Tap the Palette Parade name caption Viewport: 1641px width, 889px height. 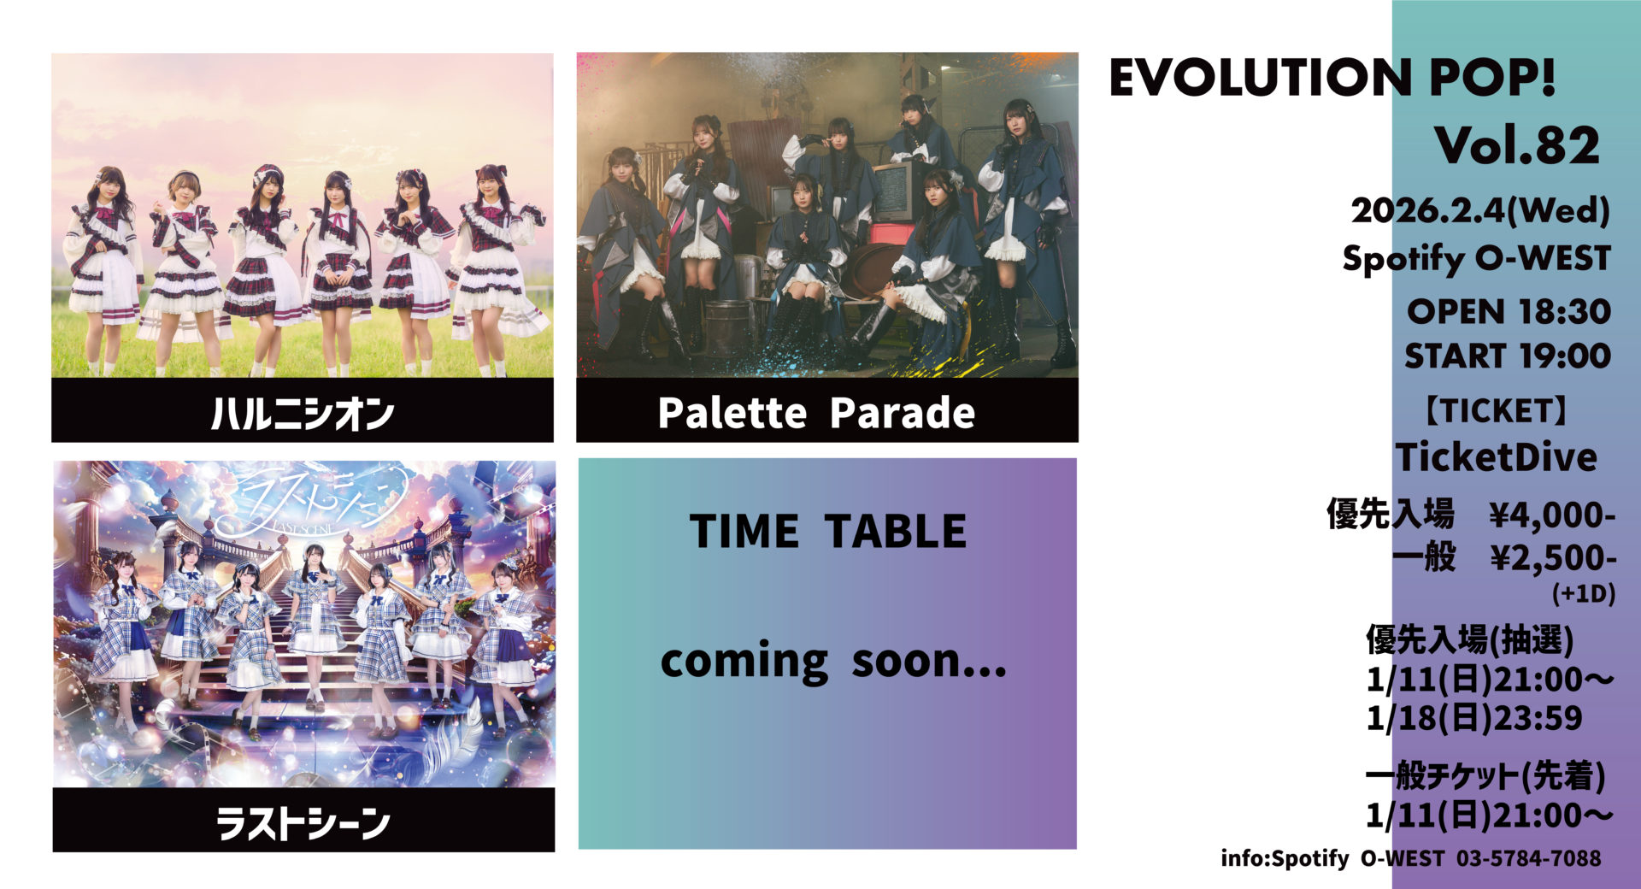816,413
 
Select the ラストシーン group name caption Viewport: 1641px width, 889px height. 303,823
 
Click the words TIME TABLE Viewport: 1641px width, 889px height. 827,531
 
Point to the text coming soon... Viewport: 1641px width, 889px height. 833,661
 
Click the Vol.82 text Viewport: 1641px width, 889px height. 1517,145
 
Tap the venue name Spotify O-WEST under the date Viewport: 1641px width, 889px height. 1476,258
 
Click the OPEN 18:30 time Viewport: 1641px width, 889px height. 1509,312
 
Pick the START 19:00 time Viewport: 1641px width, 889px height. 1508,356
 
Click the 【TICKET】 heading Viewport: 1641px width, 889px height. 1497,411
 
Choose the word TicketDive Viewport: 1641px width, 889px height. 1497,457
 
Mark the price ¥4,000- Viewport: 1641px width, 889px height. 1552,515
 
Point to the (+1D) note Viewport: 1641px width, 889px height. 1584,593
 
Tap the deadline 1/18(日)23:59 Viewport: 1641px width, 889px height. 1474,718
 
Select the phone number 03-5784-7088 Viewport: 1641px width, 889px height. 1528,858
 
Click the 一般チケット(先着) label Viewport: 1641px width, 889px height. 1485,776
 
